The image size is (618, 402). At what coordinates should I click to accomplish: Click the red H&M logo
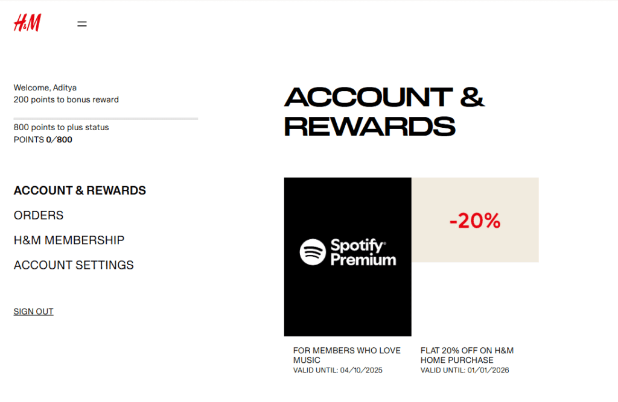(x=27, y=23)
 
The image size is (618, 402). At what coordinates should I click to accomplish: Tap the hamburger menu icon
(x=82, y=24)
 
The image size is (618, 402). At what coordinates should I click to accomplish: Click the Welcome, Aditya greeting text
(x=45, y=88)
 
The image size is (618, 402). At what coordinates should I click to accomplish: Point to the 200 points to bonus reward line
(x=66, y=99)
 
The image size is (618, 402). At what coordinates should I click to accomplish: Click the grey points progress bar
(x=106, y=119)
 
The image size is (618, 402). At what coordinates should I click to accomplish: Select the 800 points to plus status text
(x=61, y=127)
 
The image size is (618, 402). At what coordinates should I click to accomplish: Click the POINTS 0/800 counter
(x=43, y=140)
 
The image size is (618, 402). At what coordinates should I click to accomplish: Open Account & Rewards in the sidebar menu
(x=80, y=190)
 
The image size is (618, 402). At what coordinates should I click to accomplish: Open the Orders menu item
(x=39, y=215)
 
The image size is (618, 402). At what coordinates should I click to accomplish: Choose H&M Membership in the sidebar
(x=69, y=240)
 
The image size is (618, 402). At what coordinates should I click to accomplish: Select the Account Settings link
(x=74, y=265)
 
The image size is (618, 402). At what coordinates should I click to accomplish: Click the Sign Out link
(x=34, y=312)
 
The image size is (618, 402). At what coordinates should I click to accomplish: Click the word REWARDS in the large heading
(x=369, y=127)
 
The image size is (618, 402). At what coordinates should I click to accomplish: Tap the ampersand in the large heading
(x=472, y=97)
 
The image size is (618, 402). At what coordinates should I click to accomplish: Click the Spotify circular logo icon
(x=313, y=252)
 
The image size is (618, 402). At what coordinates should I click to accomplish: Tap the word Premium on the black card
(x=363, y=260)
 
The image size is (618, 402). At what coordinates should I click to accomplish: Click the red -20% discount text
(x=475, y=221)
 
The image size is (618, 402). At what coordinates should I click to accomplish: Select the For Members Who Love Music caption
(x=346, y=355)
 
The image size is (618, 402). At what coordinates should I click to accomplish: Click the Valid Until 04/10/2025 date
(x=338, y=370)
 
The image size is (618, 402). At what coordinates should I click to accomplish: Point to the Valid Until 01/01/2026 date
(x=465, y=370)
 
